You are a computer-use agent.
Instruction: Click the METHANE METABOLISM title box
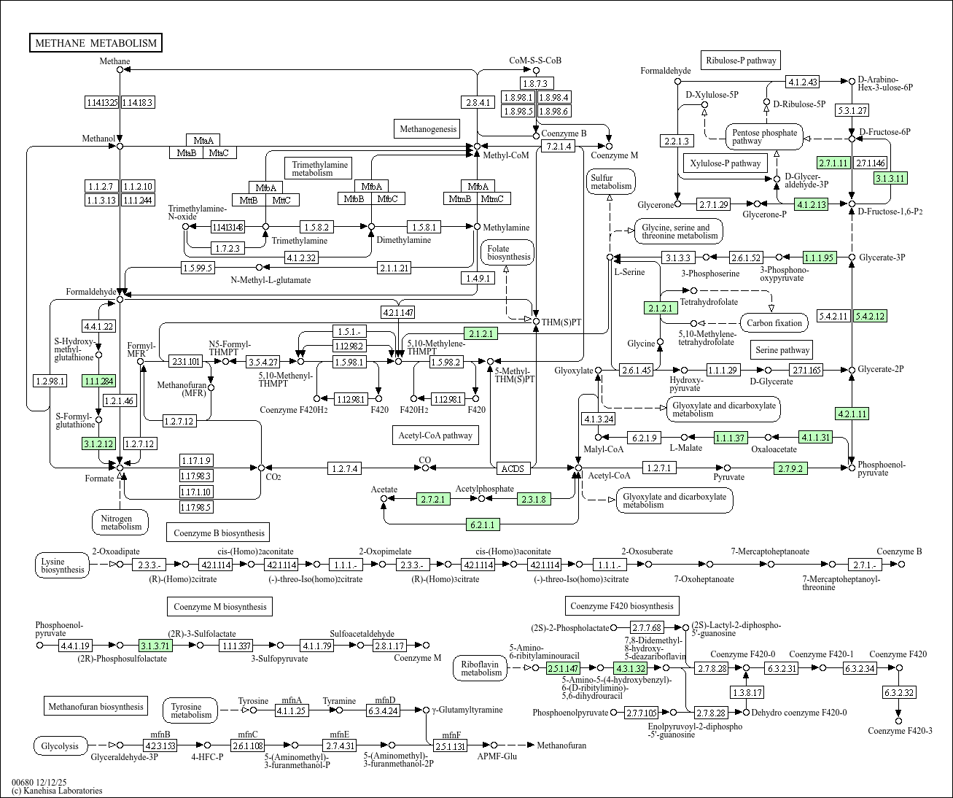click(x=96, y=43)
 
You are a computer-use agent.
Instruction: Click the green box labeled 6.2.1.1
click(x=483, y=524)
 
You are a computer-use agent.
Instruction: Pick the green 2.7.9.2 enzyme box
click(x=790, y=468)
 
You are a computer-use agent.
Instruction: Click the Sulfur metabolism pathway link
click(x=611, y=182)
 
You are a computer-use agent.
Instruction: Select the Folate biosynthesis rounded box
click(x=508, y=253)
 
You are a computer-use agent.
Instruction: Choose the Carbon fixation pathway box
click(x=774, y=323)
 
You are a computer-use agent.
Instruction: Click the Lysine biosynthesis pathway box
click(x=63, y=565)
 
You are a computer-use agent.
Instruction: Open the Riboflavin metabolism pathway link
click(x=481, y=668)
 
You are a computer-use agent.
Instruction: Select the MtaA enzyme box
click(x=203, y=140)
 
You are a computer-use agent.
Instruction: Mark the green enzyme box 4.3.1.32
click(x=631, y=668)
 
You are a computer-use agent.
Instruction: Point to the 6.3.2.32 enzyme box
click(x=899, y=692)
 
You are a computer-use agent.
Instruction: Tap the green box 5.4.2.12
click(x=871, y=316)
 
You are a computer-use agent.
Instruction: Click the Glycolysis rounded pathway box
click(x=60, y=746)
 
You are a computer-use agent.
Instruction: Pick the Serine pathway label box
click(x=782, y=350)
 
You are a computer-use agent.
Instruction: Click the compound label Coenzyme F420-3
click(x=900, y=731)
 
